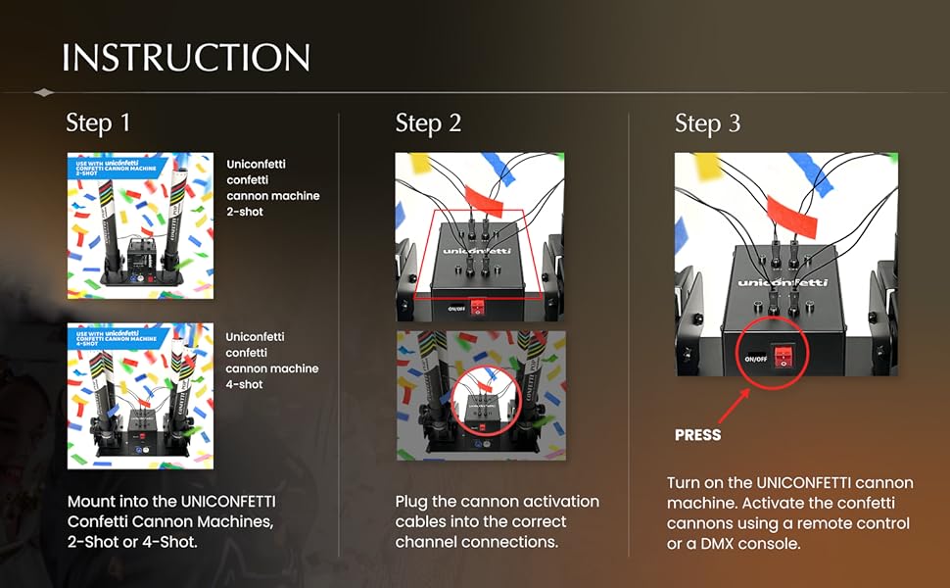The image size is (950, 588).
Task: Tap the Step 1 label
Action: [98, 123]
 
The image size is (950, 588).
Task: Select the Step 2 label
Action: [428, 123]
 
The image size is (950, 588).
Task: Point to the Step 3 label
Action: [707, 123]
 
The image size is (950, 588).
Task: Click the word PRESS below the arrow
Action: [698, 434]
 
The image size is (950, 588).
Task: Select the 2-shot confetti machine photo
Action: [140, 224]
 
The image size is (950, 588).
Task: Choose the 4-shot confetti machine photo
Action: [140, 396]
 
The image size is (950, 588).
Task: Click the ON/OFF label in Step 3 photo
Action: [756, 359]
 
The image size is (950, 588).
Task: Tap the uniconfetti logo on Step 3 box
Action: [782, 282]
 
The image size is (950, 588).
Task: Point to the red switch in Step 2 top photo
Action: [480, 307]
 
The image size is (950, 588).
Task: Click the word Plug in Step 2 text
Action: [412, 502]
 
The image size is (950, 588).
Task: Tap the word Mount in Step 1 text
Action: [90, 502]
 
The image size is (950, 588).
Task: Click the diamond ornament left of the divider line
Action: [43, 93]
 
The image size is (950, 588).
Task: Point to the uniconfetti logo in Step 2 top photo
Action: [477, 251]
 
